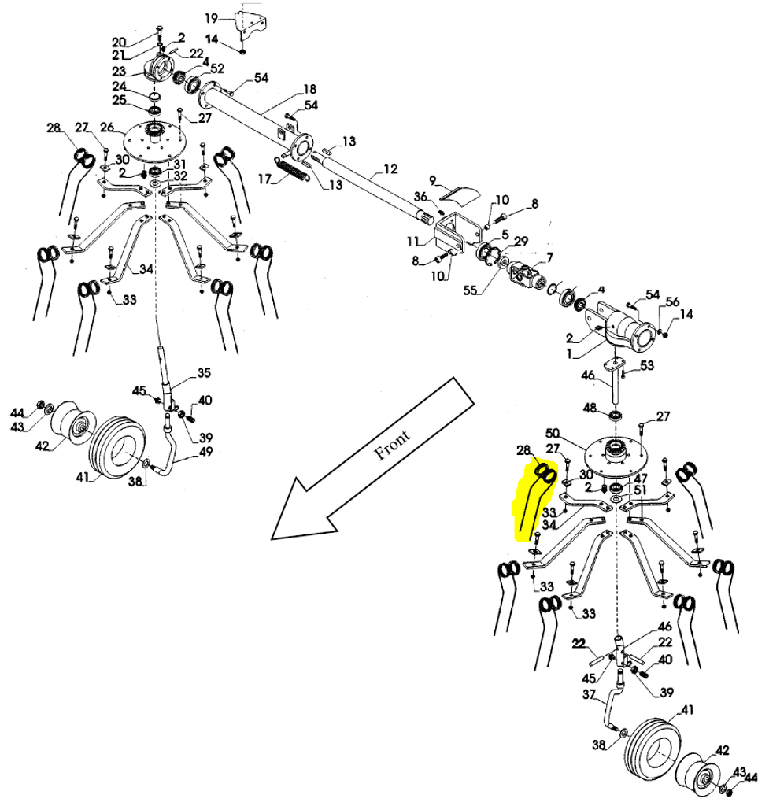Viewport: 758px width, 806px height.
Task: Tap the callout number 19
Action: pos(210,17)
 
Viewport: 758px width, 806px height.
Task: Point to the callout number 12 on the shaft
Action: pos(391,168)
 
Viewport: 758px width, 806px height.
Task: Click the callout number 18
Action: pos(309,88)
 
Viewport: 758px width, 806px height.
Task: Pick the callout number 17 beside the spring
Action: pos(263,179)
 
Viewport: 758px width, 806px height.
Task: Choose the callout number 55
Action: pos(470,290)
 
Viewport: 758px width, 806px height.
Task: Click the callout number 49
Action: pos(206,452)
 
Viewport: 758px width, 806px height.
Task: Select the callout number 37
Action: pos(588,695)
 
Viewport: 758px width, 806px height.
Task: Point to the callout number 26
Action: pos(107,127)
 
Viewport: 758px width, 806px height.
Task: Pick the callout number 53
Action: pos(647,365)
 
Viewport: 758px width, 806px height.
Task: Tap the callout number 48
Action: pos(590,408)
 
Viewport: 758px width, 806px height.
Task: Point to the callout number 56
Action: pos(671,301)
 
